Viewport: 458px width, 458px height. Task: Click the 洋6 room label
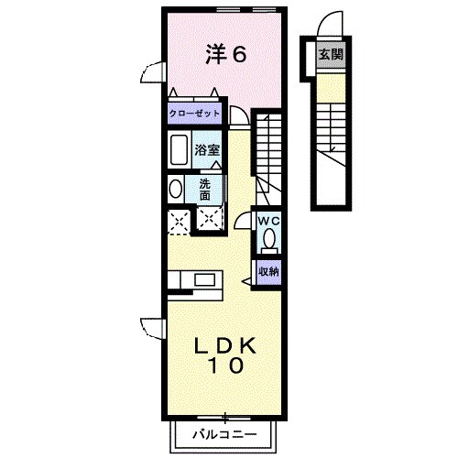tap(225, 55)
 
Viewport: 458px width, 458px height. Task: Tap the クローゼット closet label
tap(194, 114)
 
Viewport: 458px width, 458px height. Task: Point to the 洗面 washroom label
tap(205, 189)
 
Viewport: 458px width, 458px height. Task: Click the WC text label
tap(268, 222)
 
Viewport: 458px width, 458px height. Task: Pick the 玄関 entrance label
tap(330, 55)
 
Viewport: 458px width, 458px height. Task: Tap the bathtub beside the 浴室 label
tap(179, 148)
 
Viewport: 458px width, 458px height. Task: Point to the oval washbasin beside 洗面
tap(175, 189)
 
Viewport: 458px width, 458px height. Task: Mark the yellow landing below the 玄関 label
tap(329, 84)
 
